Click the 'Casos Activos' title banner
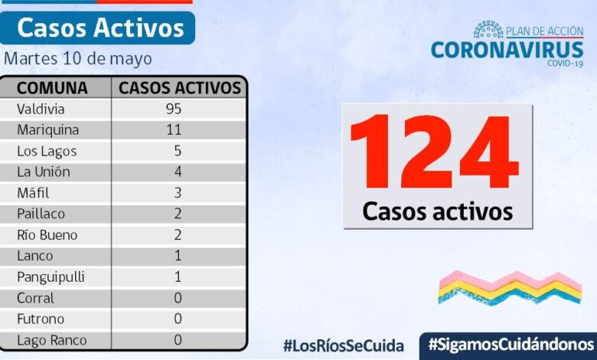click(x=100, y=28)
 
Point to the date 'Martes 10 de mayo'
click(x=78, y=59)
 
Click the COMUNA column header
click(x=52, y=87)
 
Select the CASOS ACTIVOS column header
click(x=180, y=87)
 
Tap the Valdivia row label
click(x=41, y=109)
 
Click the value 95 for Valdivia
click(x=173, y=109)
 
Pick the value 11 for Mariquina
click(x=173, y=129)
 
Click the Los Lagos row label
click(x=47, y=151)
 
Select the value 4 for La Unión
click(x=178, y=172)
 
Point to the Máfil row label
click(x=34, y=193)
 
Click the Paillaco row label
click(x=42, y=214)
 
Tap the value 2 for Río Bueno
click(x=178, y=235)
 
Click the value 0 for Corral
click(x=178, y=298)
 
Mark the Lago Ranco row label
click(x=51, y=340)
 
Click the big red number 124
click(x=435, y=152)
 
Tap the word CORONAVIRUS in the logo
click(x=507, y=50)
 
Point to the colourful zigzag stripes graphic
click(x=510, y=286)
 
